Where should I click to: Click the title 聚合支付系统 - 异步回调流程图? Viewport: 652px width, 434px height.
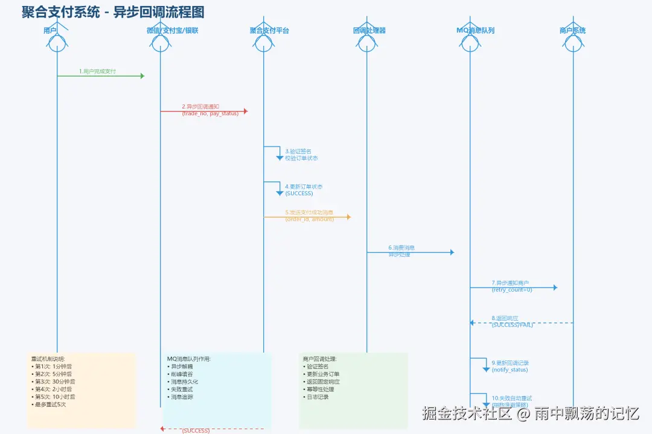(113, 12)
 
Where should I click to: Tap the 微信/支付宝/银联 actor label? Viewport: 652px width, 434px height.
(172, 30)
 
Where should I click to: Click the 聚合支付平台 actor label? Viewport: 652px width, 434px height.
(269, 30)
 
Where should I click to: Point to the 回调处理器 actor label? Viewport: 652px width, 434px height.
(369, 30)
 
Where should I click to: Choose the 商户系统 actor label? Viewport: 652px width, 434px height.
(572, 30)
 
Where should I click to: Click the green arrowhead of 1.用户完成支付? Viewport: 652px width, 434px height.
(142, 76)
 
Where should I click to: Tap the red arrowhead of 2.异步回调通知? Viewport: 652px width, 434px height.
(245, 112)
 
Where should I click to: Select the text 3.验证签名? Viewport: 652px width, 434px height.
(298, 151)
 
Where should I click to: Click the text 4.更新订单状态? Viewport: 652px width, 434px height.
(304, 187)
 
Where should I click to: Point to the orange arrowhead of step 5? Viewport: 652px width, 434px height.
(348, 217)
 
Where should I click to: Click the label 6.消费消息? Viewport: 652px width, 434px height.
(401, 248)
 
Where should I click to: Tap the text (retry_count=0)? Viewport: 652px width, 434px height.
(512, 290)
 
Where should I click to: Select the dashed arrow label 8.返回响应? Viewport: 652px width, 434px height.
(505, 318)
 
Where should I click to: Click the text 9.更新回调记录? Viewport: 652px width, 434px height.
(510, 363)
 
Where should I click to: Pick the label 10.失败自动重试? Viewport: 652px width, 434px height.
(511, 398)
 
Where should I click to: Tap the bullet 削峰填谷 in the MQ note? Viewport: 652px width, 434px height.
(181, 374)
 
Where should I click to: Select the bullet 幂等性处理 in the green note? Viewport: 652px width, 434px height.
(320, 389)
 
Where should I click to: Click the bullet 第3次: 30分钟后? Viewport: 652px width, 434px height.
(54, 382)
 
